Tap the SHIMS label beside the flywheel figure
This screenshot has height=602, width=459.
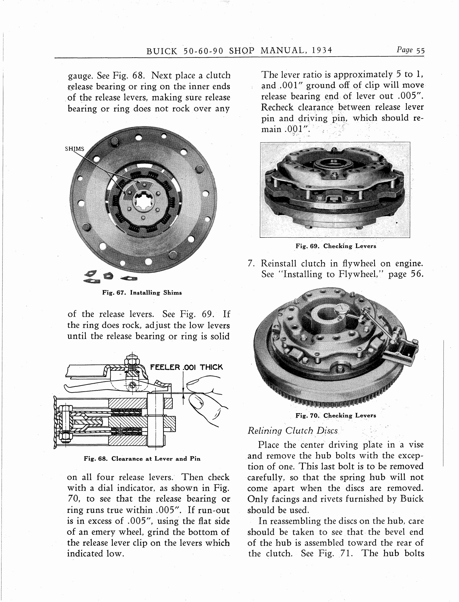click(x=75, y=149)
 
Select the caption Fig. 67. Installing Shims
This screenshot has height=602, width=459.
click(x=142, y=293)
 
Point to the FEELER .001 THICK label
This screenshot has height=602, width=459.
click(x=186, y=367)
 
